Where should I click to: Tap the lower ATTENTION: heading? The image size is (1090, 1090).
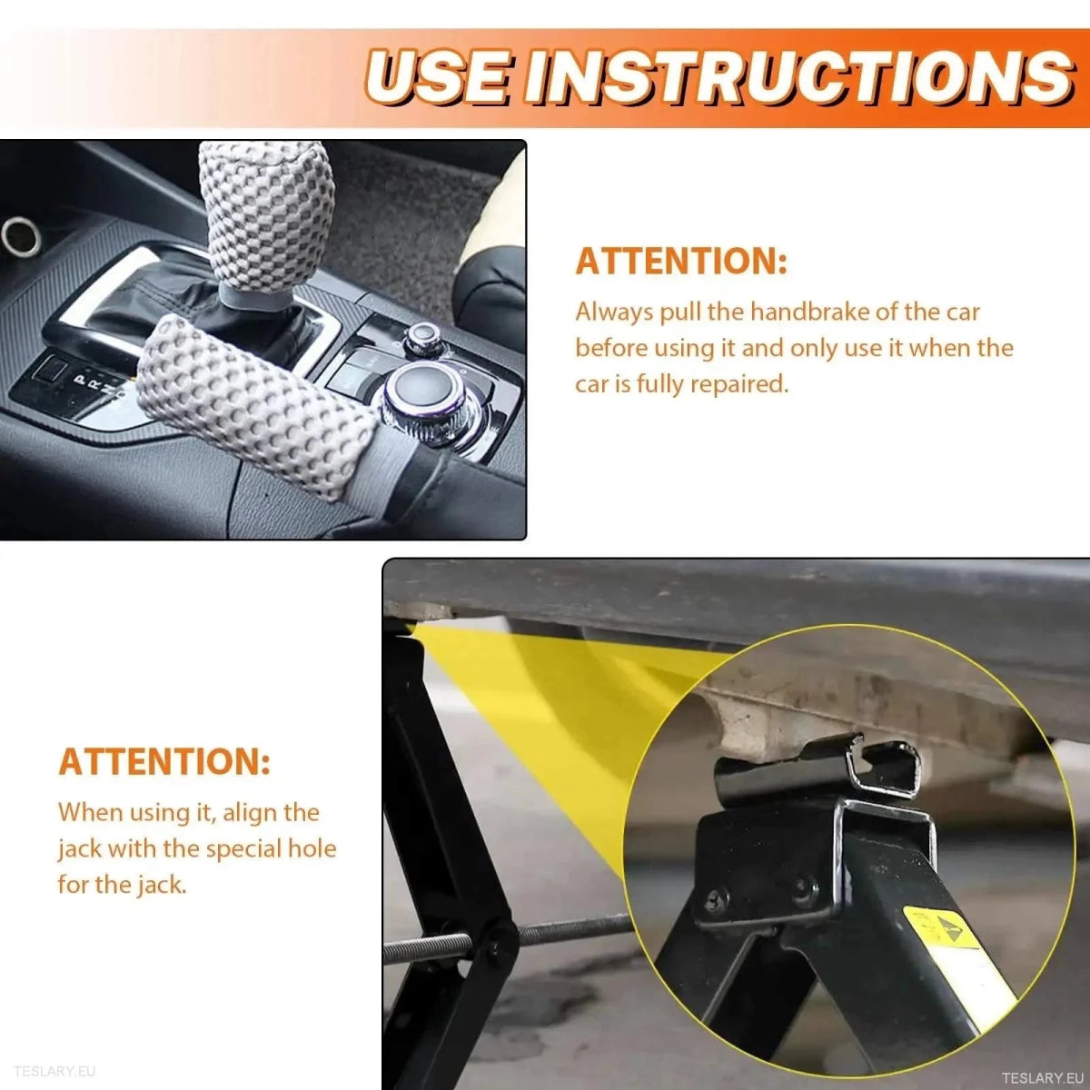click(164, 761)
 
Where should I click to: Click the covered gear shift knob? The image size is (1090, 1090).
click(253, 218)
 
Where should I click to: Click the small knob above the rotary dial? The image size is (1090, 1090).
click(422, 337)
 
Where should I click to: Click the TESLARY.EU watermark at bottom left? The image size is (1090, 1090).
click(54, 1072)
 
